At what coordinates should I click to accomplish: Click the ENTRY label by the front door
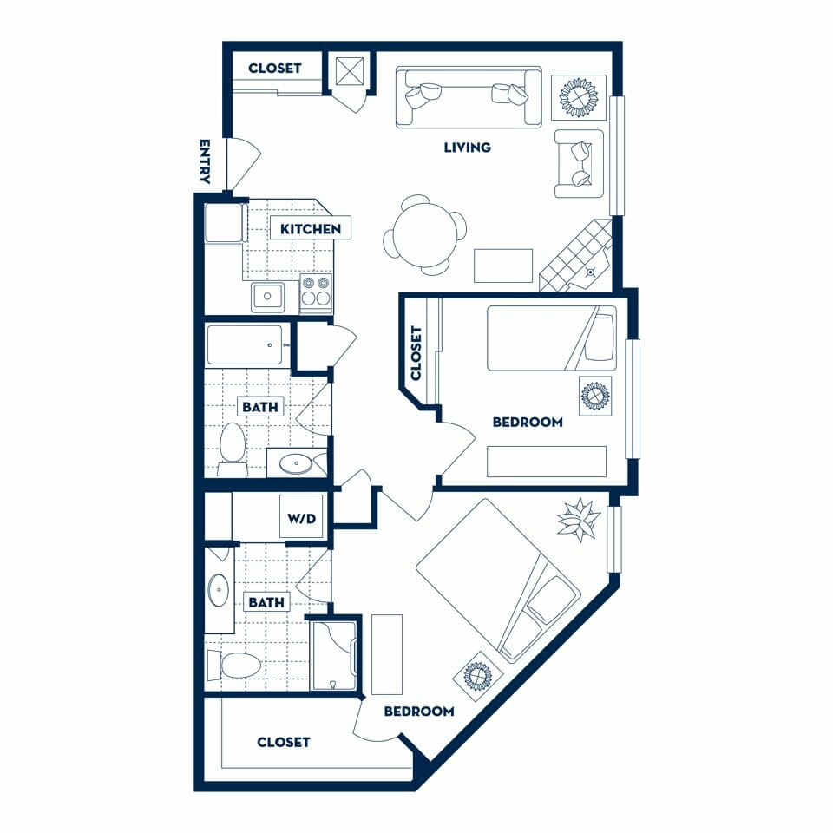(x=205, y=161)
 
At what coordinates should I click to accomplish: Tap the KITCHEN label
(x=311, y=229)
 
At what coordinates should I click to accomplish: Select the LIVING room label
(x=468, y=148)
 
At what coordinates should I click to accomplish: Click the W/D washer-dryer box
(x=302, y=517)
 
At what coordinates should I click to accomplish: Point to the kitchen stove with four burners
(x=316, y=292)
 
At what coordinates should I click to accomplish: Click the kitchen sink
(x=268, y=297)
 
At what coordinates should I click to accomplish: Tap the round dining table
(x=425, y=235)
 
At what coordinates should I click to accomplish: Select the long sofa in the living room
(x=468, y=97)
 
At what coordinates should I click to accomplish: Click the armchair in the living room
(x=580, y=164)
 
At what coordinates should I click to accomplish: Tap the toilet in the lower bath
(x=233, y=666)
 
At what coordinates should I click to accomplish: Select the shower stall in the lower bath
(x=333, y=656)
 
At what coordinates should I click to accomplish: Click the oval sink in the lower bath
(x=219, y=590)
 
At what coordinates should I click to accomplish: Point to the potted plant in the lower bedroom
(x=578, y=519)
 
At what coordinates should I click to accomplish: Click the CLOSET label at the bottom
(x=283, y=742)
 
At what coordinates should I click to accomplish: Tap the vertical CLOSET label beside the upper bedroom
(x=416, y=353)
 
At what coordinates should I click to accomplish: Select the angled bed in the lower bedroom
(x=498, y=581)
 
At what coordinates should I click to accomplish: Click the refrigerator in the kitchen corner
(x=224, y=223)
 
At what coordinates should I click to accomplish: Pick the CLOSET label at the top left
(x=275, y=68)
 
